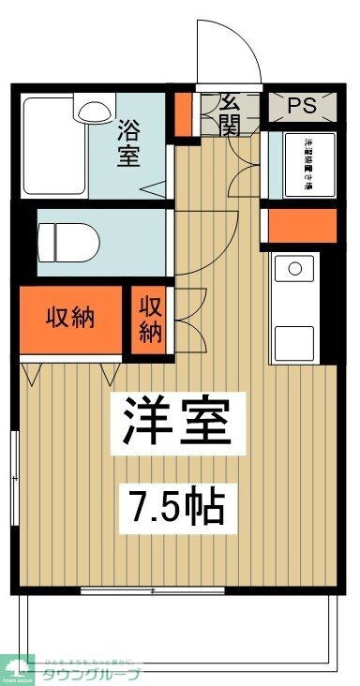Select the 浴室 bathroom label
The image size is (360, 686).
128,142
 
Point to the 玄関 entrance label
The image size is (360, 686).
231,112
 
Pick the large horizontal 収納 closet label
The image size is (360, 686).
71,317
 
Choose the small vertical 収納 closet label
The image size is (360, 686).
151,319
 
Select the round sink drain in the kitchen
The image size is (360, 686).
295,270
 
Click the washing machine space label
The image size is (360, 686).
306,165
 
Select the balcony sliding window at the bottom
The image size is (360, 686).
152,590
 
